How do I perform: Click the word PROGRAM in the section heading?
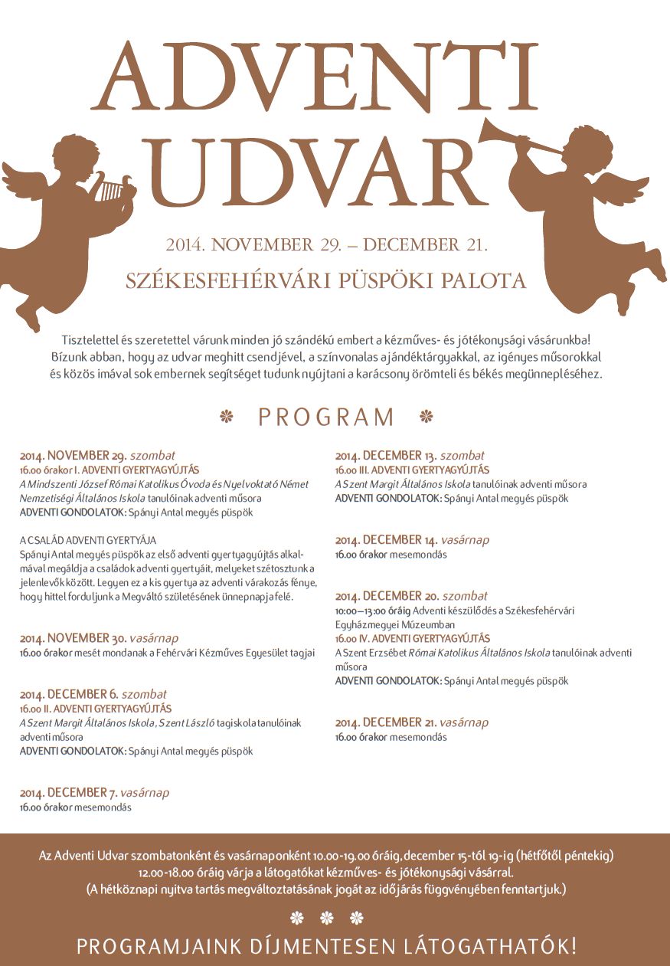(x=326, y=418)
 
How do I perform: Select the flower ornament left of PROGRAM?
(x=226, y=417)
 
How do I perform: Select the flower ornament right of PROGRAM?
(x=427, y=417)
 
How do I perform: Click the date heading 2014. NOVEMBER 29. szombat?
(x=97, y=455)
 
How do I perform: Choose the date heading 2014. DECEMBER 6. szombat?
(x=93, y=695)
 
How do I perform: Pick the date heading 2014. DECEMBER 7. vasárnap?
(x=94, y=793)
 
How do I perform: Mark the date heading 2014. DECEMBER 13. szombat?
(x=410, y=455)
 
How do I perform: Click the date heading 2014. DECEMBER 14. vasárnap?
(x=412, y=540)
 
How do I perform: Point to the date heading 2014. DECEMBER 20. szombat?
(x=411, y=596)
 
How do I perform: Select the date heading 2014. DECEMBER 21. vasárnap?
(x=411, y=722)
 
